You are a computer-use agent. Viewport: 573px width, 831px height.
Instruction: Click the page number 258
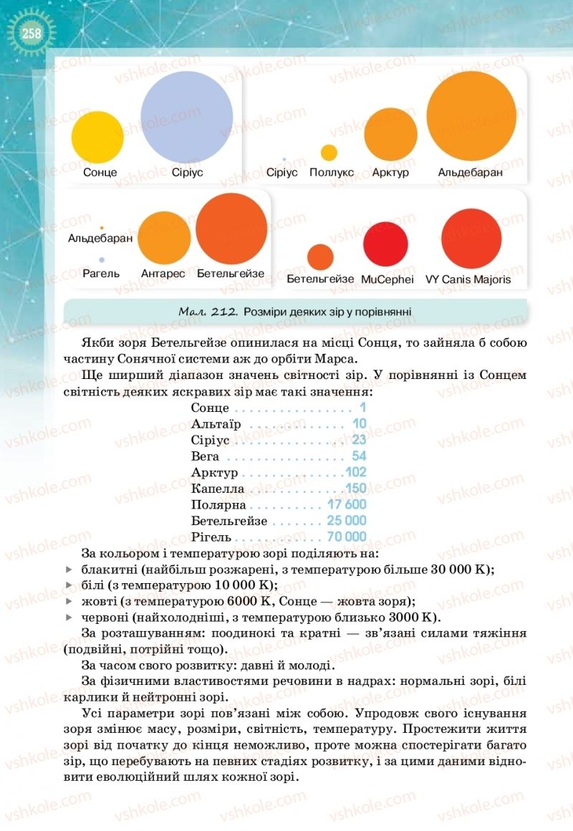31,33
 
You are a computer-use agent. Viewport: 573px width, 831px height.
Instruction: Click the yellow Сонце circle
97,137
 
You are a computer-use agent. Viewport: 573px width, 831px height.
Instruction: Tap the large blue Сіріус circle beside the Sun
186,117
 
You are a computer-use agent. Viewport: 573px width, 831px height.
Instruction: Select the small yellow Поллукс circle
329,153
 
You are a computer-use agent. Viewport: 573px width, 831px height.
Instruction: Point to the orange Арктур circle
390,135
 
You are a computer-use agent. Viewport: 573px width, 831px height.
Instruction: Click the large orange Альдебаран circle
471,116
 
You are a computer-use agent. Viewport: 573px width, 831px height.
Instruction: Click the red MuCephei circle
385,244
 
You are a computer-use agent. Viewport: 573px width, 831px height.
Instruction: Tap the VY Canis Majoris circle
471,239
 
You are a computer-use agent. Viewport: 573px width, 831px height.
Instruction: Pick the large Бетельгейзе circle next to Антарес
231,229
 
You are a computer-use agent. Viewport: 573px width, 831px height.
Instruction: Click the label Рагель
101,274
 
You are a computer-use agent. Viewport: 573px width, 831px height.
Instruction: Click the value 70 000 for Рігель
346,537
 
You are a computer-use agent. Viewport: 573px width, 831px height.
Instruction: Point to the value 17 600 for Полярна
347,504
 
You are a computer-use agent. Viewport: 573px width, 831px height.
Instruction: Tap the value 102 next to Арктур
355,472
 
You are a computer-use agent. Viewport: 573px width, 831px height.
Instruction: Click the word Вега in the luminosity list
205,456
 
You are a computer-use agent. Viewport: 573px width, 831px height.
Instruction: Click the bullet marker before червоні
69,617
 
